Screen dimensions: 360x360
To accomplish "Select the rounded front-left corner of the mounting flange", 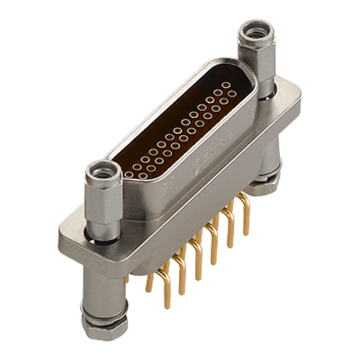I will (x=67, y=236).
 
